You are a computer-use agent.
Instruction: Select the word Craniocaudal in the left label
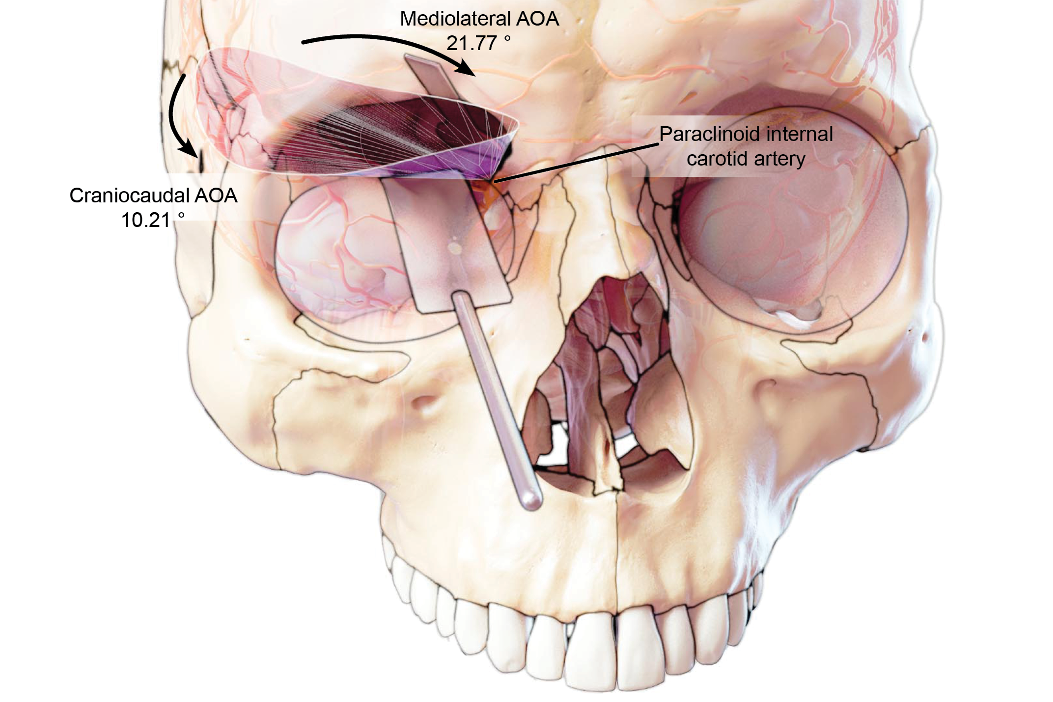(x=130, y=196)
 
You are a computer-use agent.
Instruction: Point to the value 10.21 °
(x=152, y=220)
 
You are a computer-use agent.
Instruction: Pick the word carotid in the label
(x=713, y=159)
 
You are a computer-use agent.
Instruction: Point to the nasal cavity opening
(x=609, y=383)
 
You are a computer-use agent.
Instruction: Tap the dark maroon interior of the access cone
(x=393, y=128)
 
